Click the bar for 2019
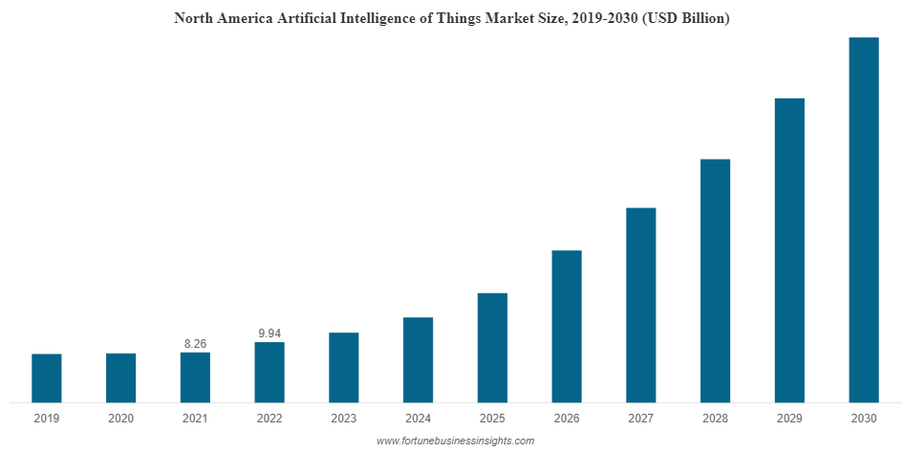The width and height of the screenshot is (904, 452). [47, 377]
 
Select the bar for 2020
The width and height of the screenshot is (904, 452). [121, 377]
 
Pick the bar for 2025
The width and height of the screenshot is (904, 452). [492, 347]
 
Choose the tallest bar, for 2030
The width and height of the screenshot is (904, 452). [864, 220]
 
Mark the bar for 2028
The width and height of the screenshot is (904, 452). [716, 280]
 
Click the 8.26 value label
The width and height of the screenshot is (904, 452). [195, 343]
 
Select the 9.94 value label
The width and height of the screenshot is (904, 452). [269, 334]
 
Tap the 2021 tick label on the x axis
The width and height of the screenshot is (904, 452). [195, 419]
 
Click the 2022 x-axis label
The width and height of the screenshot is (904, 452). [269, 419]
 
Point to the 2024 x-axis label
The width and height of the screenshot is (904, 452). [418, 419]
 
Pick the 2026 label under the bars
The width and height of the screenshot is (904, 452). [567, 419]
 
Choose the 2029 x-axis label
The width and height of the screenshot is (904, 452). [789, 419]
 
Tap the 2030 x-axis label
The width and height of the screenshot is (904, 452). [864, 419]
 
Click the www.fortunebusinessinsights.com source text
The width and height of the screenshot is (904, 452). [455, 441]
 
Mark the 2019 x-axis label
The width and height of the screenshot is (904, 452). [47, 419]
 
